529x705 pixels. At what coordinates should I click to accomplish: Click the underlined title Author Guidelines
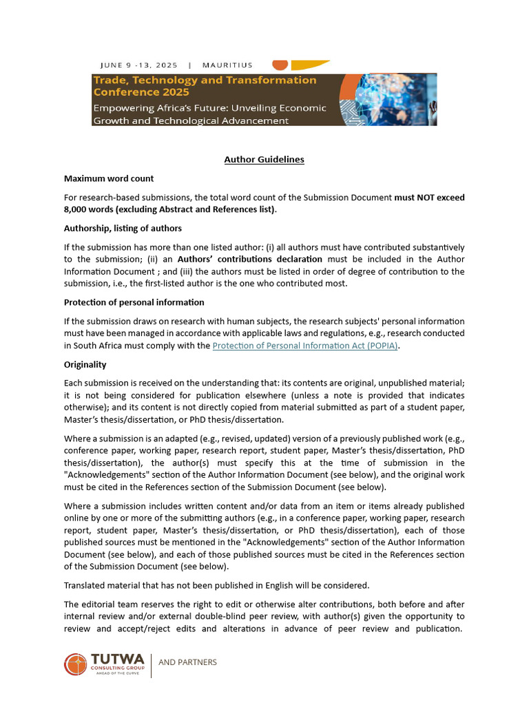pos(264,160)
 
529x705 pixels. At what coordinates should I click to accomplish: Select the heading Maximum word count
pos(108,178)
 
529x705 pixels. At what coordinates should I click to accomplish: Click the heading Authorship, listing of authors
pos(123,228)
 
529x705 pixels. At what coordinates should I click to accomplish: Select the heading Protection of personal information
pos(134,302)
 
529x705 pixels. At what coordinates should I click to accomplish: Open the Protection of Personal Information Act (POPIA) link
pos(305,346)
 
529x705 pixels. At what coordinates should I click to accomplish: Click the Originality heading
pos(85,364)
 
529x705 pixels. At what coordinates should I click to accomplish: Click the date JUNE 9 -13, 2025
pos(138,65)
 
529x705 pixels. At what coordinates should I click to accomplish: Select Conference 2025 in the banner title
pos(141,92)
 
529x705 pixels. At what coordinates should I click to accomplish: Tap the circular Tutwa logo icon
pos(76,664)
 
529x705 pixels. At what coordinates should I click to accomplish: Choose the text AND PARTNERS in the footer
pos(187,662)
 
